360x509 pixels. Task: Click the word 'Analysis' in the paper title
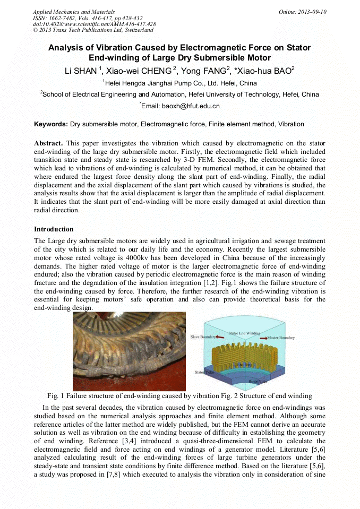click(66, 48)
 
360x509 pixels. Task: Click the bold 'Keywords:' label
click(51, 124)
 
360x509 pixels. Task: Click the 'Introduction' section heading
click(54, 229)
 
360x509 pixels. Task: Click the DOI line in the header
click(95, 24)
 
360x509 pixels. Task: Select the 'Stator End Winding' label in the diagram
click(244, 333)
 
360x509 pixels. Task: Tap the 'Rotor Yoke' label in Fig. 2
click(259, 381)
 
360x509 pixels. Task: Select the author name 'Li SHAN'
click(79, 71)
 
